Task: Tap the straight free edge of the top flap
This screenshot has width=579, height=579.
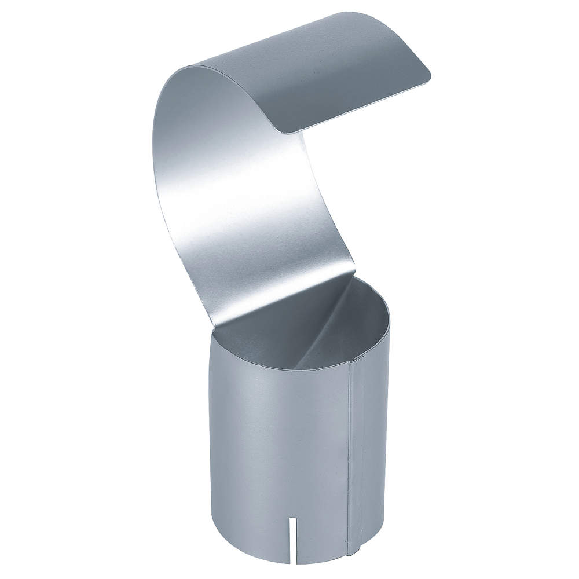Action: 359,104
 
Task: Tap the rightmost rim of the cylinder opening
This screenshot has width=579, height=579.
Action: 389,318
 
